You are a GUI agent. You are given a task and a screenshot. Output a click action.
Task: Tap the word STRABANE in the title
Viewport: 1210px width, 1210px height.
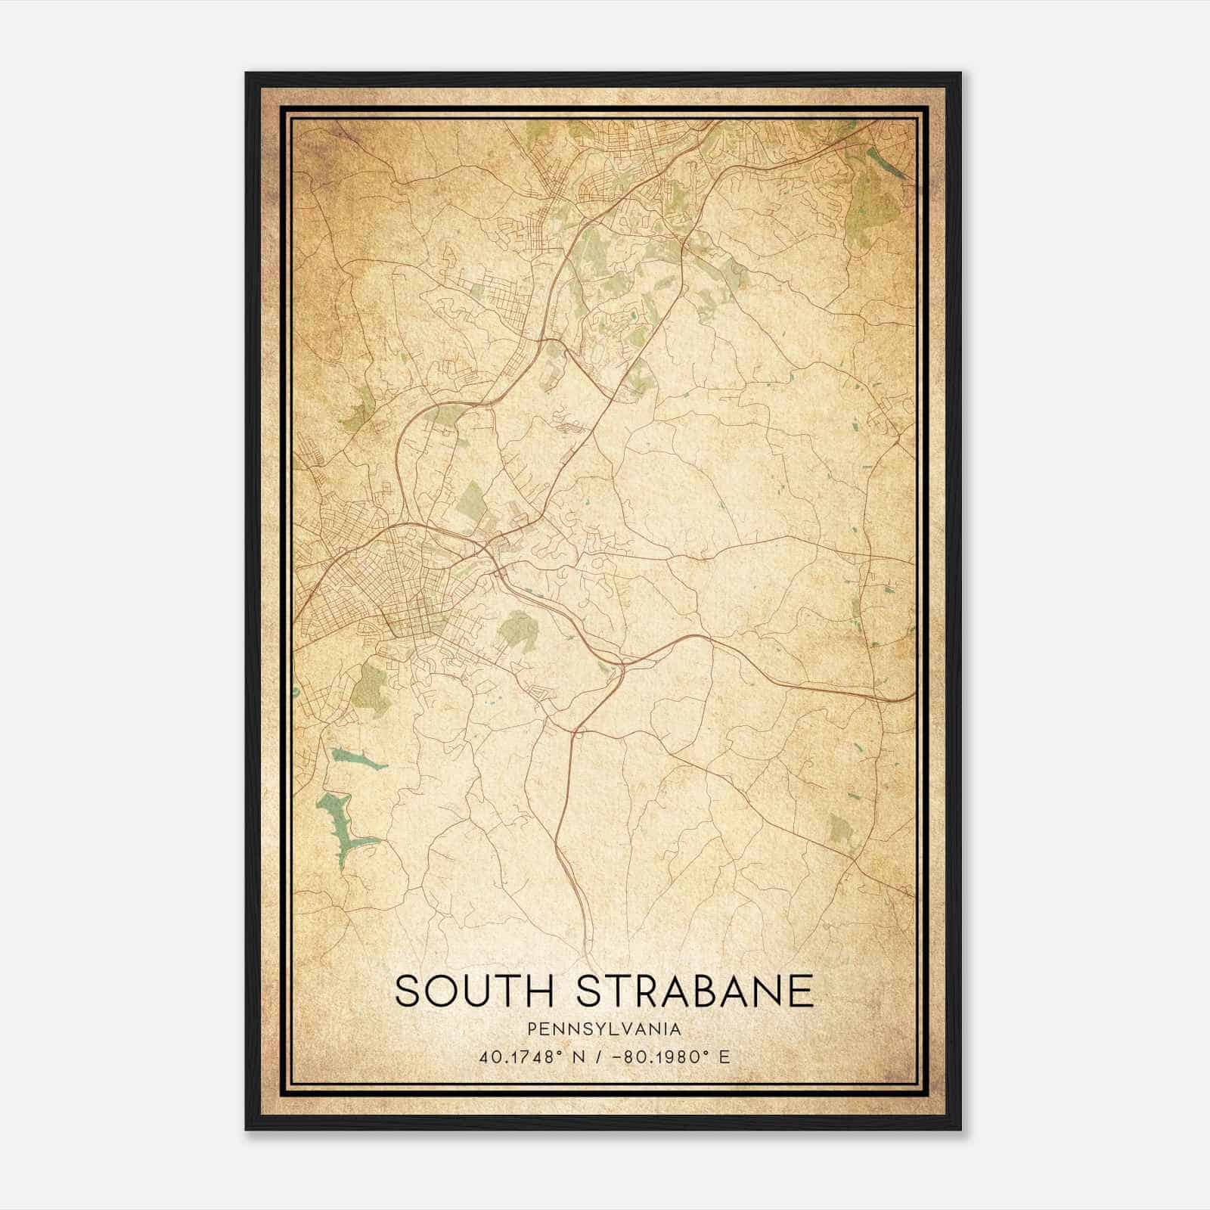(694, 991)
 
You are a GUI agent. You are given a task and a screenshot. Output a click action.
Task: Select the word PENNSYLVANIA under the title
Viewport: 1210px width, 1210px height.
(604, 1029)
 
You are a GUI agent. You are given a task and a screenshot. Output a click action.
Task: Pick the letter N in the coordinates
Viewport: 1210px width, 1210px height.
(580, 1056)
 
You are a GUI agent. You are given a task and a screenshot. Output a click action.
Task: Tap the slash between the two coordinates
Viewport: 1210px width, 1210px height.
(600, 1056)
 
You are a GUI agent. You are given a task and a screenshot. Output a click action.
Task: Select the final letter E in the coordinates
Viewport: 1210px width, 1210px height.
(724, 1056)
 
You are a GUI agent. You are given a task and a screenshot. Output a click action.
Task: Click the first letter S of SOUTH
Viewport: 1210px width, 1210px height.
(407, 991)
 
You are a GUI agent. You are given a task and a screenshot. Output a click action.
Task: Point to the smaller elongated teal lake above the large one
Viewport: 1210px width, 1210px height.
(355, 758)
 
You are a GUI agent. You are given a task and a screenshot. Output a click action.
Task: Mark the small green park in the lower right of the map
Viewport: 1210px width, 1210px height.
(840, 830)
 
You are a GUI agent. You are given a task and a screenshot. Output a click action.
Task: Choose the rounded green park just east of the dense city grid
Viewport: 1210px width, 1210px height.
(517, 628)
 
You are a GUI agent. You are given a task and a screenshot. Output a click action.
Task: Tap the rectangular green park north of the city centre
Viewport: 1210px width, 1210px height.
(473, 499)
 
